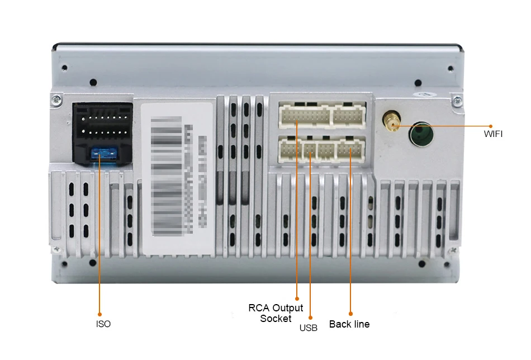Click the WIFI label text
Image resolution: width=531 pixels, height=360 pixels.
[x=494, y=134]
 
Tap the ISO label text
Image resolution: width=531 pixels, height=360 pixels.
[x=103, y=324]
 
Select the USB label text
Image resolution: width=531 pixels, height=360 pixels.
[x=308, y=328]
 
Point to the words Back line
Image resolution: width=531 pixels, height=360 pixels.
[x=349, y=324]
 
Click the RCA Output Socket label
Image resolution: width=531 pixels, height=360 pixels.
[x=276, y=313]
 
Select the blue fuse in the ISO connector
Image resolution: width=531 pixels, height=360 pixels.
[x=103, y=153]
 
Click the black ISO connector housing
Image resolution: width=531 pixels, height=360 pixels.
[x=102, y=133]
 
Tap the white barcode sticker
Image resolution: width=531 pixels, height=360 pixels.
[x=177, y=178]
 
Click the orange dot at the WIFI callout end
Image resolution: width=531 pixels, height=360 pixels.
[x=491, y=125]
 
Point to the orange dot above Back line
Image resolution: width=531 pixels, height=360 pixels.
[x=350, y=313]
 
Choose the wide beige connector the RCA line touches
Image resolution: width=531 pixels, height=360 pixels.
[x=304, y=116]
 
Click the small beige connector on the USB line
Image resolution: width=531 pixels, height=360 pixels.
[x=309, y=150]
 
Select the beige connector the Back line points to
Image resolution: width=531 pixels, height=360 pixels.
[x=350, y=150]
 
